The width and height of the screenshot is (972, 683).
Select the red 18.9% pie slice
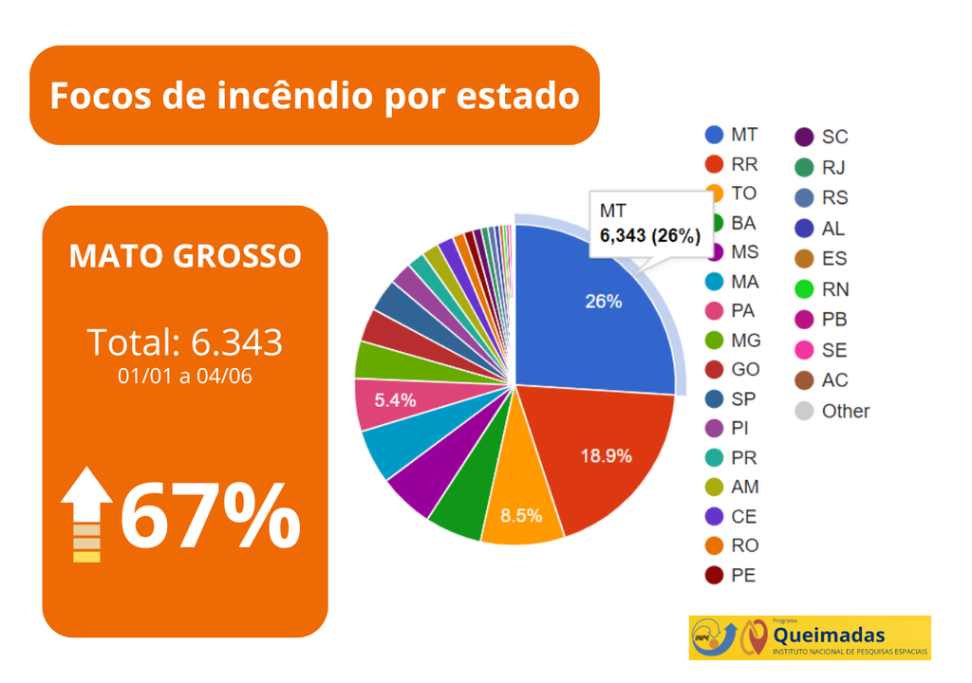(x=598, y=455)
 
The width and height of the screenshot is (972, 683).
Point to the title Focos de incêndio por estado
(x=314, y=96)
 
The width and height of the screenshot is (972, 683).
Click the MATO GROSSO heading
(x=185, y=256)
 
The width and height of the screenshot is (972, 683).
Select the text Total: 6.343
(x=185, y=341)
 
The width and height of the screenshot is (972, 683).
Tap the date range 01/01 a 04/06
(x=185, y=377)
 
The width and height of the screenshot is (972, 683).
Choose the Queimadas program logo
(x=810, y=637)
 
